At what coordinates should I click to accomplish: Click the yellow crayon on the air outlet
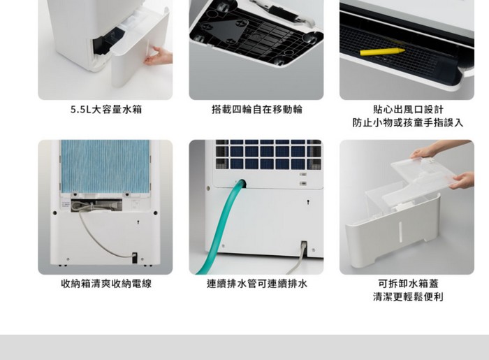click(x=382, y=52)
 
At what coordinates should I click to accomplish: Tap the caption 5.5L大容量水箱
click(x=106, y=110)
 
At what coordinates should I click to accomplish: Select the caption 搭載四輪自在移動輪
click(x=256, y=110)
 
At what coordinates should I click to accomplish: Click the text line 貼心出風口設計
click(x=408, y=110)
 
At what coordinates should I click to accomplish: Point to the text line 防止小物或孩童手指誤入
click(x=408, y=122)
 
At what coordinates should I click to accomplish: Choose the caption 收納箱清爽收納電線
click(x=106, y=284)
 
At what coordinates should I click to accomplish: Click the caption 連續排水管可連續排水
click(x=257, y=284)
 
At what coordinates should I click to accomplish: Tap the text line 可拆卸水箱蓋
click(x=408, y=284)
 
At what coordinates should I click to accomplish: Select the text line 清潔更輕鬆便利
click(x=408, y=296)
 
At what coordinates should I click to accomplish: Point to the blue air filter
click(x=105, y=166)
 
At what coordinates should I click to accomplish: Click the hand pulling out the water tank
click(x=158, y=56)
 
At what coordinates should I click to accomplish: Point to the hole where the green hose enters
click(x=242, y=183)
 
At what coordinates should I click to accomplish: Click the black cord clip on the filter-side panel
click(x=134, y=257)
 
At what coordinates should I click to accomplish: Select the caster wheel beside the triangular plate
click(x=308, y=38)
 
